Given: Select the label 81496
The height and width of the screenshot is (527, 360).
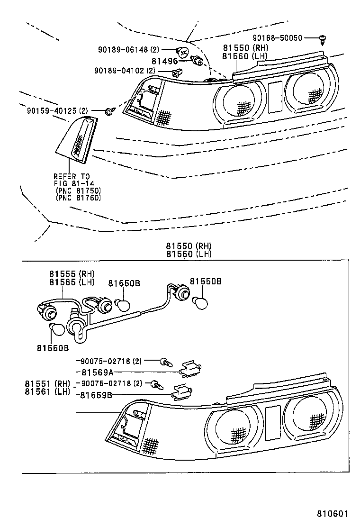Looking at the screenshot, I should tap(164, 61).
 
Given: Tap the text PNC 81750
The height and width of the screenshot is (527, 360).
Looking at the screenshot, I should tap(78, 191).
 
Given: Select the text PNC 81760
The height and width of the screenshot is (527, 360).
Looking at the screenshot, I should tap(78, 198).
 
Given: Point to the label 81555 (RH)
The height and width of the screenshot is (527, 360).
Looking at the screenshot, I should tap(72, 274).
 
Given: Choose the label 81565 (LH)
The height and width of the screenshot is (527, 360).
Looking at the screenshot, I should tap(72, 282).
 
